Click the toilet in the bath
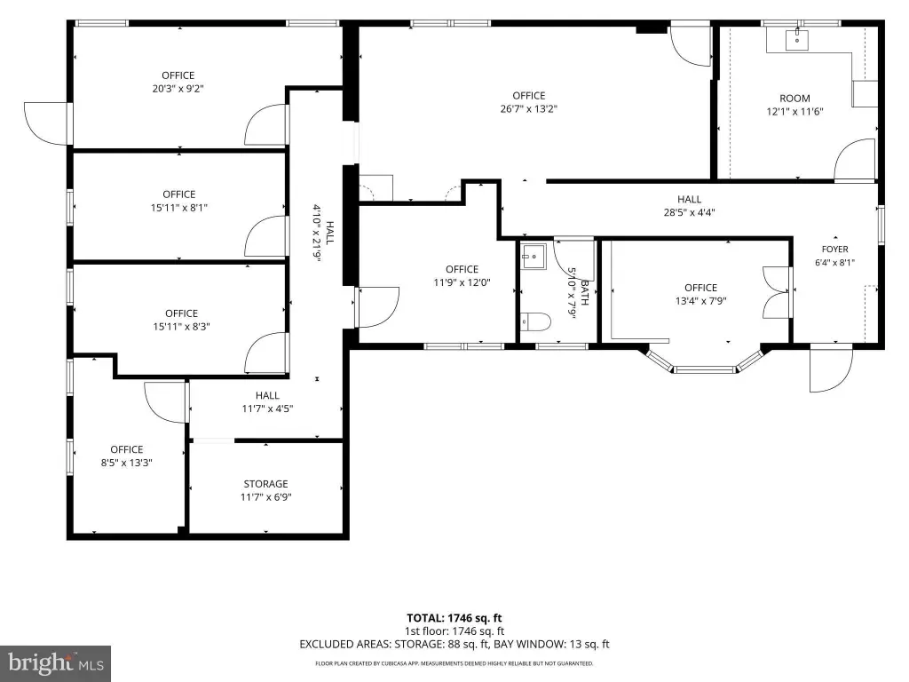point(534,321)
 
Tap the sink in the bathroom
point(533,256)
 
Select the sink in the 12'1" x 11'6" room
point(797,40)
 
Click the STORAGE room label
point(265,484)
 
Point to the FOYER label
point(834,250)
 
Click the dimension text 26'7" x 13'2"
point(529,108)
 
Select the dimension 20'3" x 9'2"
point(178,88)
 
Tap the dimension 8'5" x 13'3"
point(126,462)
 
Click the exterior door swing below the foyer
point(831,368)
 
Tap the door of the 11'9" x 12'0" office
point(377,306)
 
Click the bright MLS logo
point(56,663)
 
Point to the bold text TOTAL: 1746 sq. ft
point(454,618)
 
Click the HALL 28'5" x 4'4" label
point(689,206)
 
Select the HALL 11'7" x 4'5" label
point(267,402)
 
